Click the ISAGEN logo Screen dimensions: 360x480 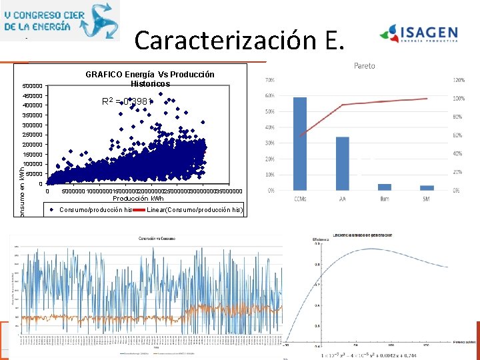pos(419,33)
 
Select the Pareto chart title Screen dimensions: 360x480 pos(364,66)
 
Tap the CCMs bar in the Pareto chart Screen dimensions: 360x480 pos(300,143)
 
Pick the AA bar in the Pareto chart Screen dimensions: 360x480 pos(342,163)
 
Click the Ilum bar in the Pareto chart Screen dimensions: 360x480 pos(385,187)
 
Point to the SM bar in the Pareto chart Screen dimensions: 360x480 pos(427,187)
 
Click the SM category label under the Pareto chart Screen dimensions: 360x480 pos(427,199)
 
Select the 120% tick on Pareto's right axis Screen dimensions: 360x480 pos(459,80)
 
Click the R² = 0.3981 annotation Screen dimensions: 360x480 pos(127,102)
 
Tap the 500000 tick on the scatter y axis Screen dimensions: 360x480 pos(32,86)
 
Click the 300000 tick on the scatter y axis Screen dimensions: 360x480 pos(32,125)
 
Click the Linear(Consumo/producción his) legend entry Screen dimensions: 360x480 pos(195,210)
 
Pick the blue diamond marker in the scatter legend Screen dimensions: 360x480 pos(52,210)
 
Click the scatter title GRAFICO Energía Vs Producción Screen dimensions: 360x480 pos(150,75)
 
